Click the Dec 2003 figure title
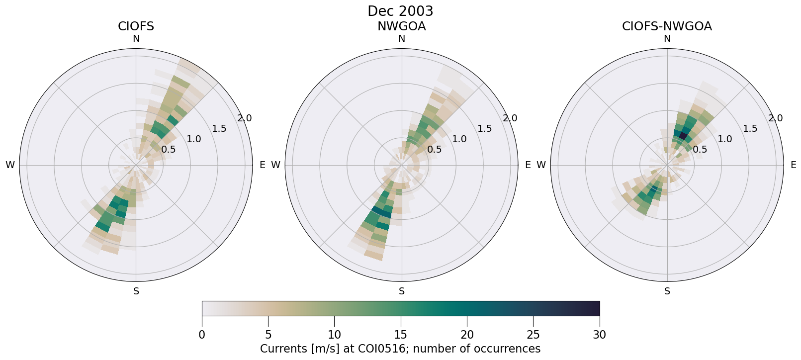coord(400,11)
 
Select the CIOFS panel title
coord(136,26)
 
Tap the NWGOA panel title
coord(401,26)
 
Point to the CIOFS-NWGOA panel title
coord(667,26)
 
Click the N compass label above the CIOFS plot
coord(136,39)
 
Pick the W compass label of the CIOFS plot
coord(10,165)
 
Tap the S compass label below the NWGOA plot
coord(402,291)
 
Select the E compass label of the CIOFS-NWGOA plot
coord(794,165)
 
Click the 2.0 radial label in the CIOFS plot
coord(245,118)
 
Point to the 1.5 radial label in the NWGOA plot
coord(485,129)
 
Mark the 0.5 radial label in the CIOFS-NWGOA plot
coord(700,150)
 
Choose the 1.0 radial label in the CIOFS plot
coord(194,139)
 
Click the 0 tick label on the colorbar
coord(202,335)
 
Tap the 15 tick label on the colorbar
coord(401,335)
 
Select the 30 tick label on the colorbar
coord(600,335)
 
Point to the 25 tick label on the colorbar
coord(533,335)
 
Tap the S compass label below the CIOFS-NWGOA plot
coord(667,291)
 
